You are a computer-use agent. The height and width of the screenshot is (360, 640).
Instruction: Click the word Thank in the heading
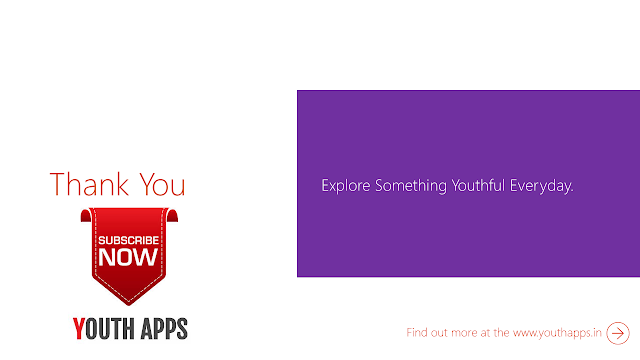tap(89, 184)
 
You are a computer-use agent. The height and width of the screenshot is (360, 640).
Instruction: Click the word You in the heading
tap(162, 185)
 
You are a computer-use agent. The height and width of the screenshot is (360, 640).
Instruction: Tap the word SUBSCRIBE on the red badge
tap(129, 240)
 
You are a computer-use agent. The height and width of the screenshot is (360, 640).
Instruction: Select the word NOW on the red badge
tap(128, 257)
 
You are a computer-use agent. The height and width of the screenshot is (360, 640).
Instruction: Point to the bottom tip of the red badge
tap(129, 305)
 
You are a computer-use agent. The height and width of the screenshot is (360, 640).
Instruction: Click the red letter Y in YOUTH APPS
tap(79, 329)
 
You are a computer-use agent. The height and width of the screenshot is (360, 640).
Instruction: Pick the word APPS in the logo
tap(164, 329)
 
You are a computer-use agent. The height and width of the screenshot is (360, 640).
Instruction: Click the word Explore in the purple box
tap(346, 186)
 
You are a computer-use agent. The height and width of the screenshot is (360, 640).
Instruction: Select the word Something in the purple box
tap(411, 186)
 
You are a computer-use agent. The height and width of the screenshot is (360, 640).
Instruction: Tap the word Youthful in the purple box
tap(478, 186)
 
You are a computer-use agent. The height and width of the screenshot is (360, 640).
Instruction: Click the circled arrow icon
tap(618, 333)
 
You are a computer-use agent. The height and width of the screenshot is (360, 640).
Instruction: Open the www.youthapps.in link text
tap(557, 333)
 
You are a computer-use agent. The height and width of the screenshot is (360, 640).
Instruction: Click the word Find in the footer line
tap(416, 332)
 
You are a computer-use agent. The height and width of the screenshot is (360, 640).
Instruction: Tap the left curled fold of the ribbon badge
tap(86, 215)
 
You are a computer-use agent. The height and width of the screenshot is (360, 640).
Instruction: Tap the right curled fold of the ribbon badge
tap(172, 215)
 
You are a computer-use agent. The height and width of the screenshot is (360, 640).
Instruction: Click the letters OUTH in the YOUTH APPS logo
tap(110, 329)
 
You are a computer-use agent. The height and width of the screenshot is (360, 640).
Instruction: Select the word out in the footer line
tap(439, 333)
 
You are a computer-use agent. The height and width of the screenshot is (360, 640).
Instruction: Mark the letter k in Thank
tap(123, 184)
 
